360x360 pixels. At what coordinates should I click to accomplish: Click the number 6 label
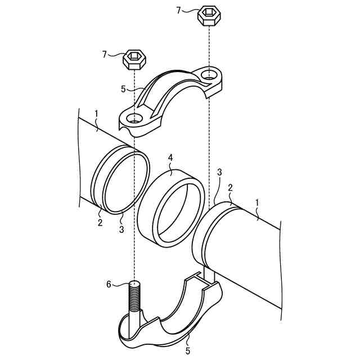(109, 284)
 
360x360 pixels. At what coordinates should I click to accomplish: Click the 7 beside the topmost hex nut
(179, 10)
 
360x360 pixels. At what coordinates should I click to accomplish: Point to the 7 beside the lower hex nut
(105, 54)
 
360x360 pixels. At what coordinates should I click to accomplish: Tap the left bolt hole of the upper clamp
(134, 119)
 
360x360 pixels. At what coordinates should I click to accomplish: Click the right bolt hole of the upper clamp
(209, 74)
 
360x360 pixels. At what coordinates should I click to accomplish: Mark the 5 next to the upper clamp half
(123, 88)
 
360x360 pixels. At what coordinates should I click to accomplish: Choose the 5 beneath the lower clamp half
(188, 350)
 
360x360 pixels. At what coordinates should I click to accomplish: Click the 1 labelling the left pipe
(97, 114)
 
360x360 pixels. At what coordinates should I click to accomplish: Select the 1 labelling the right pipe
(257, 202)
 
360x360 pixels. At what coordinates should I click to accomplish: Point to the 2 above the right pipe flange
(230, 188)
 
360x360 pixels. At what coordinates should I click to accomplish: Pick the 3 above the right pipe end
(219, 172)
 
